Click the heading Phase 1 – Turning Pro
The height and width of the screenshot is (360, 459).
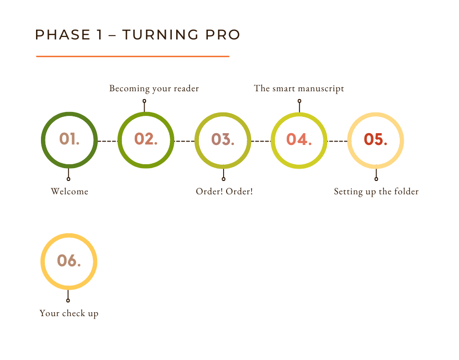(138, 35)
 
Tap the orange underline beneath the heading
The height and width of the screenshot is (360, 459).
(132, 56)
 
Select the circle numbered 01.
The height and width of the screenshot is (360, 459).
(69, 140)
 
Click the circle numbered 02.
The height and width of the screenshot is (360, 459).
(146, 140)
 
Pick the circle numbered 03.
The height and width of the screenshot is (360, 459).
(223, 141)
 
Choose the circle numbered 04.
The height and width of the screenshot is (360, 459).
(299, 141)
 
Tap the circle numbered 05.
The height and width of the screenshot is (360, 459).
(376, 141)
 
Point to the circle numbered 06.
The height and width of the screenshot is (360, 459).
(69, 261)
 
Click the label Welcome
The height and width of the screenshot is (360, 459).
(69, 191)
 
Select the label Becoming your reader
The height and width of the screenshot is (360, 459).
(154, 89)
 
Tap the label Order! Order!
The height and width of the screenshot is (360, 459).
(224, 191)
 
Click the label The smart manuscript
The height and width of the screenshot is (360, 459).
(299, 89)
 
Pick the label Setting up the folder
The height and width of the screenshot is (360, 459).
(376, 191)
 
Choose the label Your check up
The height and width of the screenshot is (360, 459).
(69, 313)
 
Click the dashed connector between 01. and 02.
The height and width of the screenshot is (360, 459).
(107, 141)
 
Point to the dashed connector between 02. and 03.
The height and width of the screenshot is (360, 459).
(185, 141)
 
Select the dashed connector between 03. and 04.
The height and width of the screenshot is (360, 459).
(261, 141)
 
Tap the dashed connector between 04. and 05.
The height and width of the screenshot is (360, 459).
(338, 141)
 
